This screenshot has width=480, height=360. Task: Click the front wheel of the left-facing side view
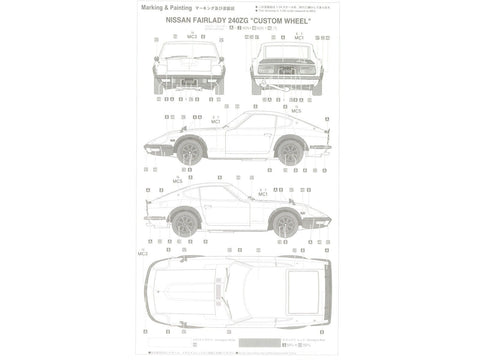pos(189,151)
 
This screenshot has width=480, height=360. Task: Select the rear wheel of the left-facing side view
pos(290,151)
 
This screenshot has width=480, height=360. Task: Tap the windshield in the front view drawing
pos(189,52)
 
